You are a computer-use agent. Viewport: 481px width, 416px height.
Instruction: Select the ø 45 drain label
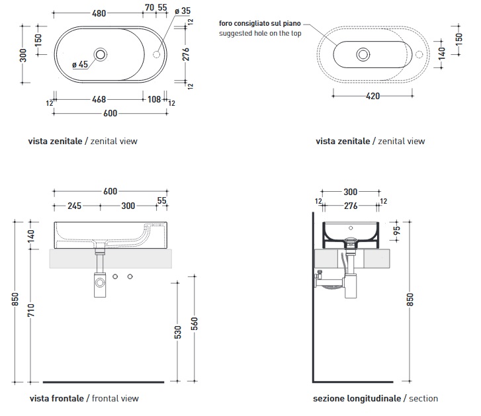(x=80, y=64)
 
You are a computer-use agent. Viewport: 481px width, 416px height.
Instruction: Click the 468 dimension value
(x=99, y=101)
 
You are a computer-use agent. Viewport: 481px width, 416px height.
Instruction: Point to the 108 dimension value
(x=153, y=101)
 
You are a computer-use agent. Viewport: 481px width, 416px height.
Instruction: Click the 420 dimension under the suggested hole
(x=372, y=96)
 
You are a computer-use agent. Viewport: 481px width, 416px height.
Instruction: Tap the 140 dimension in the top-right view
(x=441, y=52)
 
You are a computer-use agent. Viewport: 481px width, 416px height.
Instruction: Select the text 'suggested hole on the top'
(x=260, y=33)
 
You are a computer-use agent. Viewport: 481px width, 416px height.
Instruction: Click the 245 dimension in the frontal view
(x=74, y=206)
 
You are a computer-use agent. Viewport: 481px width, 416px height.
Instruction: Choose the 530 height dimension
(x=177, y=333)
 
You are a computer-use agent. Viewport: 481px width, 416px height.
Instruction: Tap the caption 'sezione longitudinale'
(x=357, y=398)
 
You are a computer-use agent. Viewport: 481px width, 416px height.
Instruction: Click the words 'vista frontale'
(x=57, y=398)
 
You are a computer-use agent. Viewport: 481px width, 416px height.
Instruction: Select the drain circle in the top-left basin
(x=101, y=53)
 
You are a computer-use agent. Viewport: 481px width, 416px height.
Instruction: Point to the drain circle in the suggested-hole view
(x=363, y=54)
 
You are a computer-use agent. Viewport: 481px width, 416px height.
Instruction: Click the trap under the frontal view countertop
(x=100, y=282)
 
